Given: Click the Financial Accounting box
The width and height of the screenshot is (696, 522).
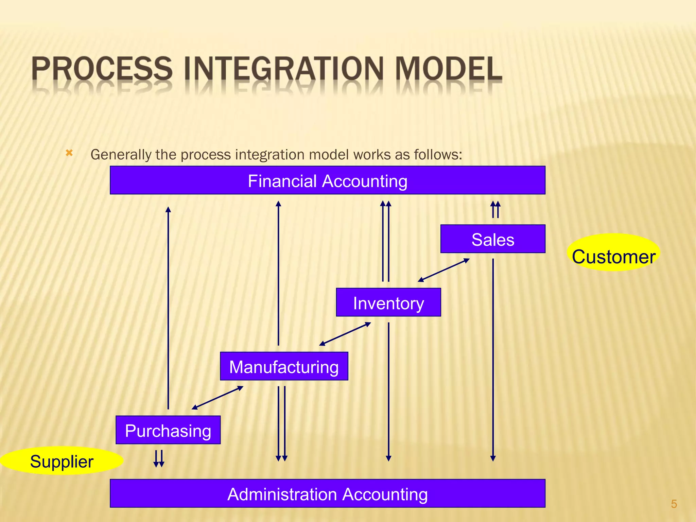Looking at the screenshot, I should point(327,180).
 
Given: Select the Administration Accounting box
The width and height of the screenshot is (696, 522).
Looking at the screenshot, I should point(327,493).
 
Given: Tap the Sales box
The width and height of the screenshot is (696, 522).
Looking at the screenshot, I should point(493,239).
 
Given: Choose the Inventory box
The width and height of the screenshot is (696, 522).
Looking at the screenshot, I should point(388,302).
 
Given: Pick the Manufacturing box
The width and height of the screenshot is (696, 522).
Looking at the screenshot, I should point(284,366).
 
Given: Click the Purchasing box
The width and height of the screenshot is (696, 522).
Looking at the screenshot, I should point(168,430).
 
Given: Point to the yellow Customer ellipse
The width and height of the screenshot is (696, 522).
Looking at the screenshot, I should point(613,252).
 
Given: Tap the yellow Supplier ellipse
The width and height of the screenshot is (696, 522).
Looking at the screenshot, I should point(62,460).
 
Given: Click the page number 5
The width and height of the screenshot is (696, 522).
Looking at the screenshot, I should point(674,504).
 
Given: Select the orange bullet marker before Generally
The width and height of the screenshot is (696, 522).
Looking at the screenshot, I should point(69,153).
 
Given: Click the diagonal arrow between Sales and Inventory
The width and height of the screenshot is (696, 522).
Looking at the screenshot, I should point(443,270).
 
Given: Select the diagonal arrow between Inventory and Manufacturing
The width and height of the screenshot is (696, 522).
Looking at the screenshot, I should point(345,334).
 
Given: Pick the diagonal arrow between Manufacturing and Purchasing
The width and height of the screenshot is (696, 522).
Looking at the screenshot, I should point(217,398).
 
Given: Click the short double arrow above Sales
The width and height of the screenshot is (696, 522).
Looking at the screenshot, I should point(495,209).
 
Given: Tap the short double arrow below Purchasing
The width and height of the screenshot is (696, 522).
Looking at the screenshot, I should point(159,458).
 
